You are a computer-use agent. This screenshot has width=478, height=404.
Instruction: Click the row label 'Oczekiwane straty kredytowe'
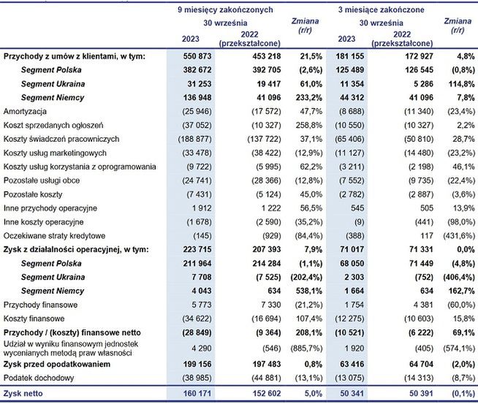click(x=53, y=236)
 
